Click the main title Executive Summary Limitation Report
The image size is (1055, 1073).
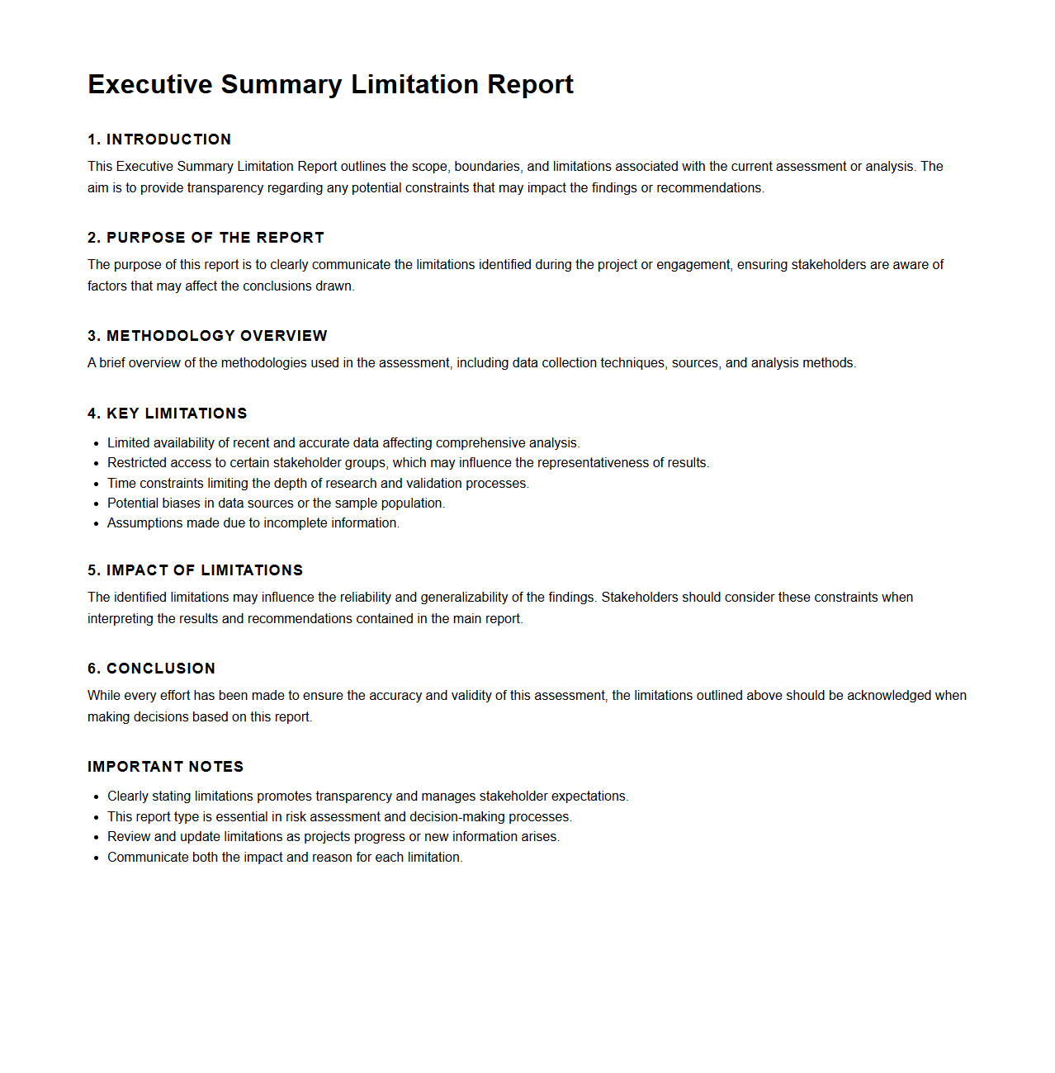pyautogui.click(x=330, y=84)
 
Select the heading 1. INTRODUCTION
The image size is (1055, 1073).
pyautogui.click(x=159, y=139)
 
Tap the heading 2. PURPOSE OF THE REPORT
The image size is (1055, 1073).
pyautogui.click(x=206, y=238)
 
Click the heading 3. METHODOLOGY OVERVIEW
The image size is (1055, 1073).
pyautogui.click(x=207, y=336)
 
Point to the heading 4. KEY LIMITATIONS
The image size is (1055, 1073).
pyautogui.click(x=168, y=414)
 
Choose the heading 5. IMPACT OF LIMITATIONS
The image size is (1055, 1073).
pyautogui.click(x=196, y=570)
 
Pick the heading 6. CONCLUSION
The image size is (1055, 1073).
pyautogui.click(x=151, y=669)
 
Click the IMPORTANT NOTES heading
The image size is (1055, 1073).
pyautogui.click(x=165, y=767)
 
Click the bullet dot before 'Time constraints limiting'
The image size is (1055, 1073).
pyautogui.click(x=97, y=484)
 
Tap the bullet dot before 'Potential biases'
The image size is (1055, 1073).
pyautogui.click(x=97, y=503)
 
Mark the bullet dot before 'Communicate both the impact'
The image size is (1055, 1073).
pyautogui.click(x=97, y=858)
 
